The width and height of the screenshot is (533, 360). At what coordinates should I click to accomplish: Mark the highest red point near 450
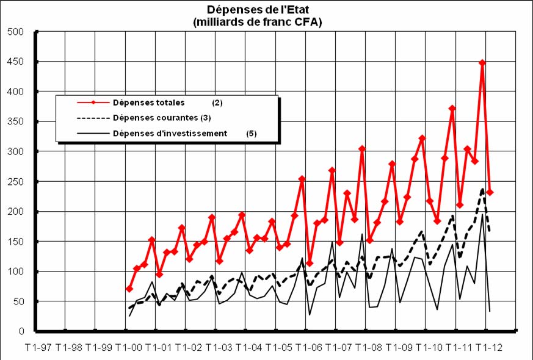pyautogui.click(x=482, y=62)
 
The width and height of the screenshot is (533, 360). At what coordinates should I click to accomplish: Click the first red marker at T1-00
pyautogui.click(x=129, y=289)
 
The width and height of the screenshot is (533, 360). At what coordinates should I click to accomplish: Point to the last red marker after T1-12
pyautogui.click(x=490, y=192)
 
